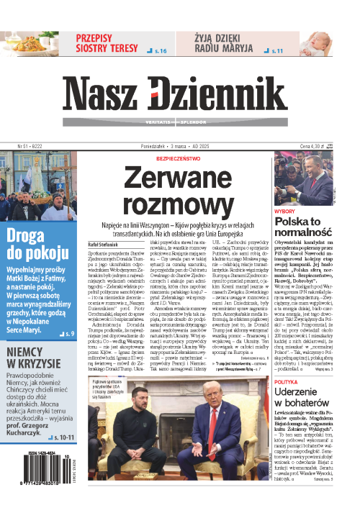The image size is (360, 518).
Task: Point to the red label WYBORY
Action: (284, 211)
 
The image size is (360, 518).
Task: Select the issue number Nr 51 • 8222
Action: (24, 146)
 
